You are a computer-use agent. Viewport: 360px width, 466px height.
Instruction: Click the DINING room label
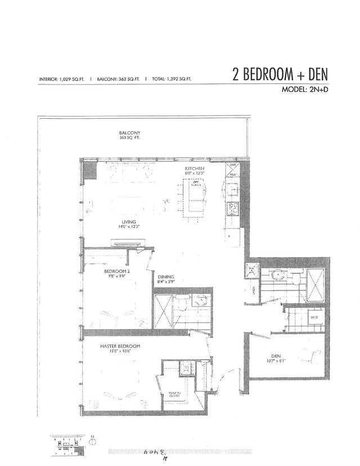[x=166, y=276]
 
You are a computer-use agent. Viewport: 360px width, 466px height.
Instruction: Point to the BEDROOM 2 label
[x=116, y=271]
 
